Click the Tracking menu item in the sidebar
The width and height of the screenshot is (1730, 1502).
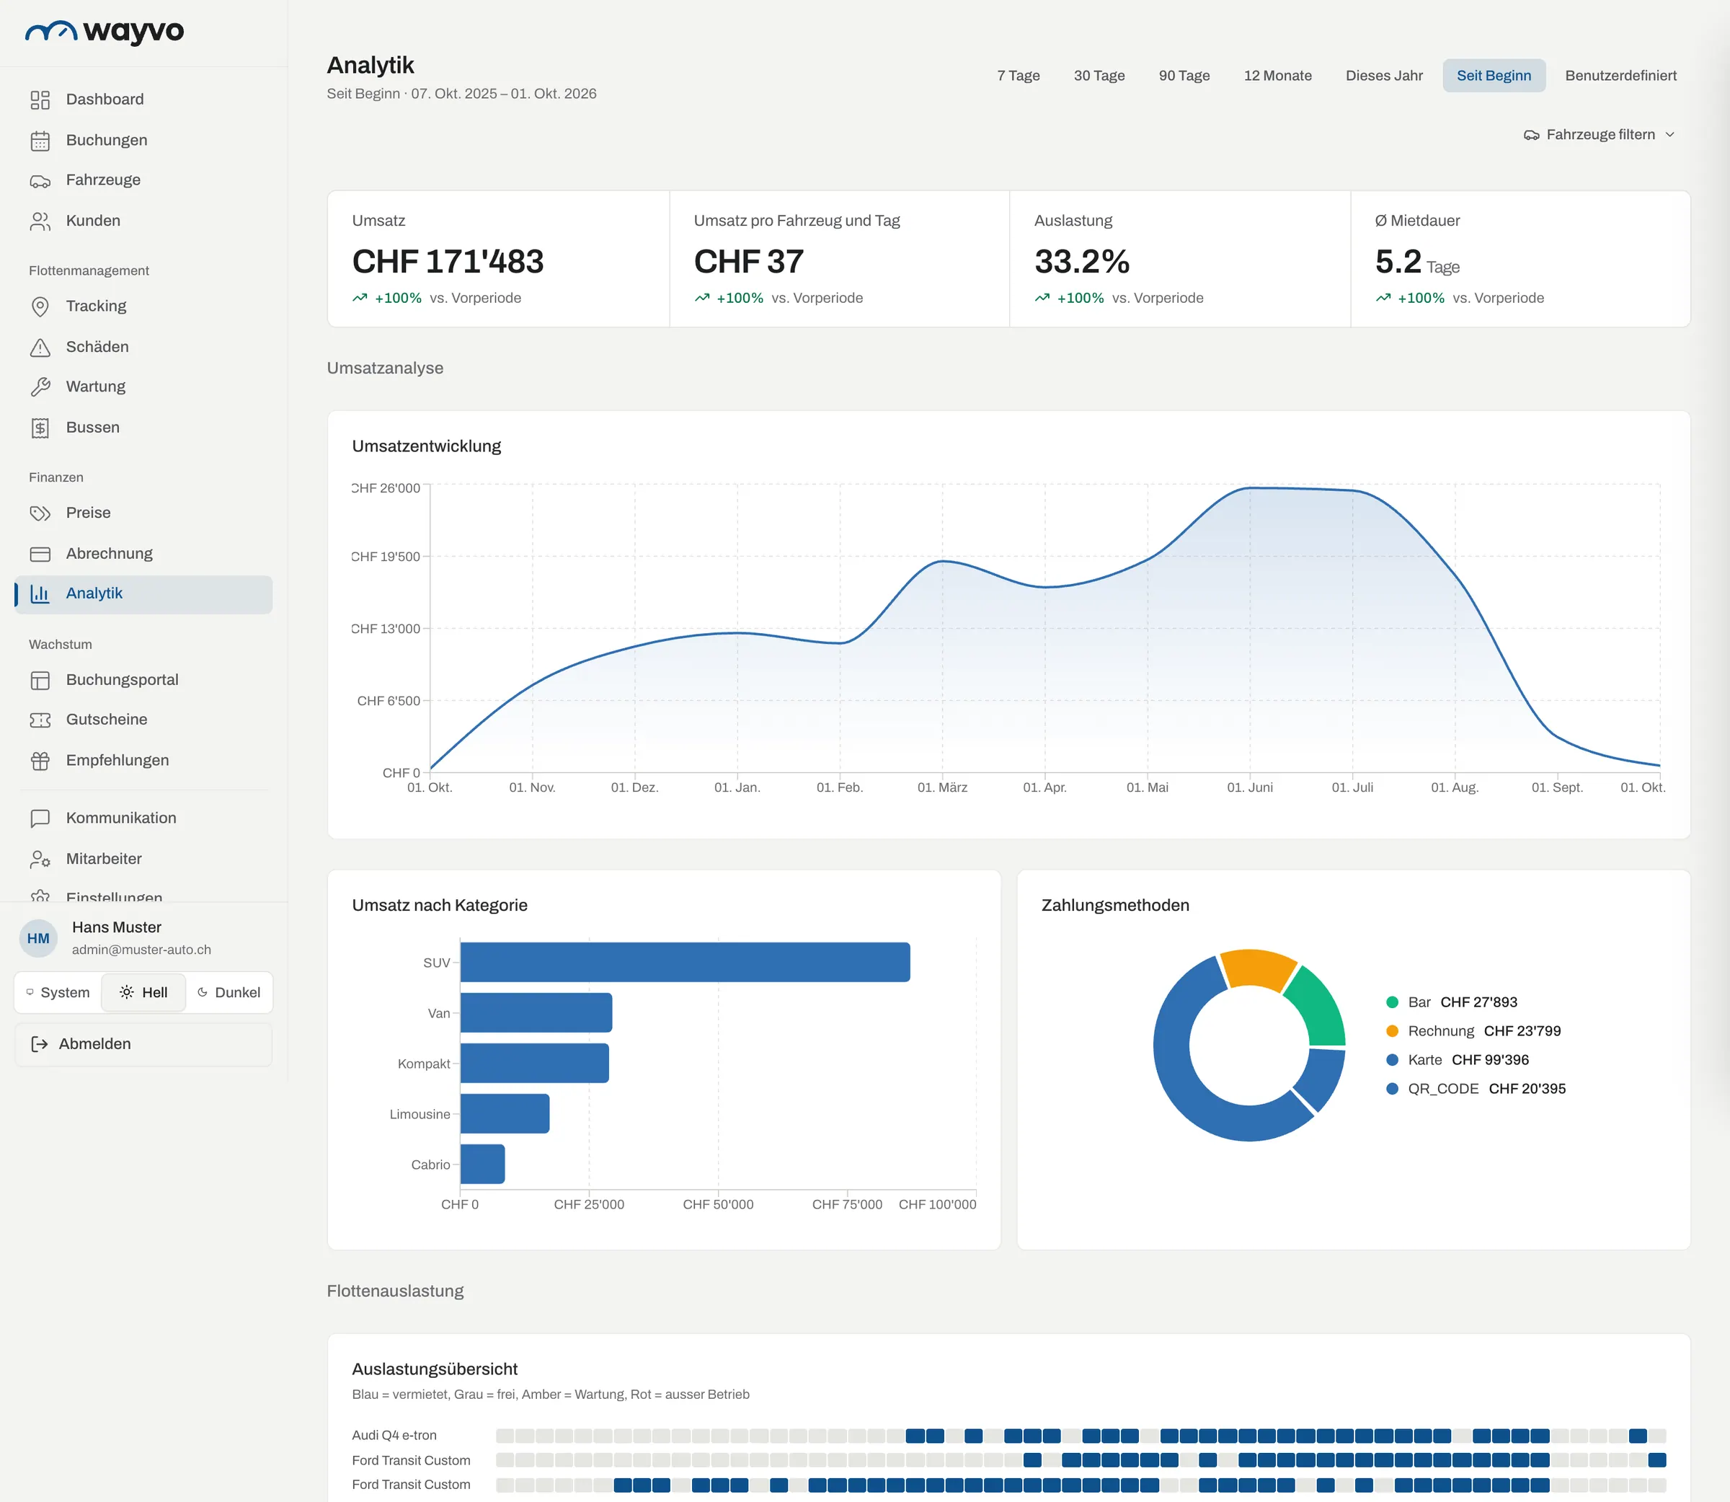click(x=95, y=306)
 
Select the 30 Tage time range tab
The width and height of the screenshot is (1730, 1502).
click(x=1099, y=76)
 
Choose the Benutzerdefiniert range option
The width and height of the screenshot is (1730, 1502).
click(x=1620, y=76)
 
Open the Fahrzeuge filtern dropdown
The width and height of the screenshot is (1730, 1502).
click(x=1600, y=135)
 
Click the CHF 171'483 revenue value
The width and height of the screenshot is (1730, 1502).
click(x=448, y=262)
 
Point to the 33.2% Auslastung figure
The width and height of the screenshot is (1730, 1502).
click(x=1081, y=262)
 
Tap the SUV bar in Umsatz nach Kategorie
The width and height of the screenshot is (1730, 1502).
click(x=686, y=962)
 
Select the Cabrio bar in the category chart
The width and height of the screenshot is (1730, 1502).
click(x=482, y=1165)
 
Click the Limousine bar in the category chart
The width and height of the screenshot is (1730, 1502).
click(x=505, y=1114)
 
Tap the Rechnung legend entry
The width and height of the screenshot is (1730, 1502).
click(x=1473, y=1031)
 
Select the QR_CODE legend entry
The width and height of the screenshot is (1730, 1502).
click(x=1476, y=1089)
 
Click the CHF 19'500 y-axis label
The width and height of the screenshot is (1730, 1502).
click(x=386, y=557)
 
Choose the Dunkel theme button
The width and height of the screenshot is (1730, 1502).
click(x=229, y=992)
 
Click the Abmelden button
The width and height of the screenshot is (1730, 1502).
click(x=143, y=1044)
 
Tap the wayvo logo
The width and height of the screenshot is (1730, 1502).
click(x=105, y=32)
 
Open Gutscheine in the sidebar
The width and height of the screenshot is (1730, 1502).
click(x=107, y=720)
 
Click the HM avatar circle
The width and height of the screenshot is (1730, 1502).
click(x=38, y=939)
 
